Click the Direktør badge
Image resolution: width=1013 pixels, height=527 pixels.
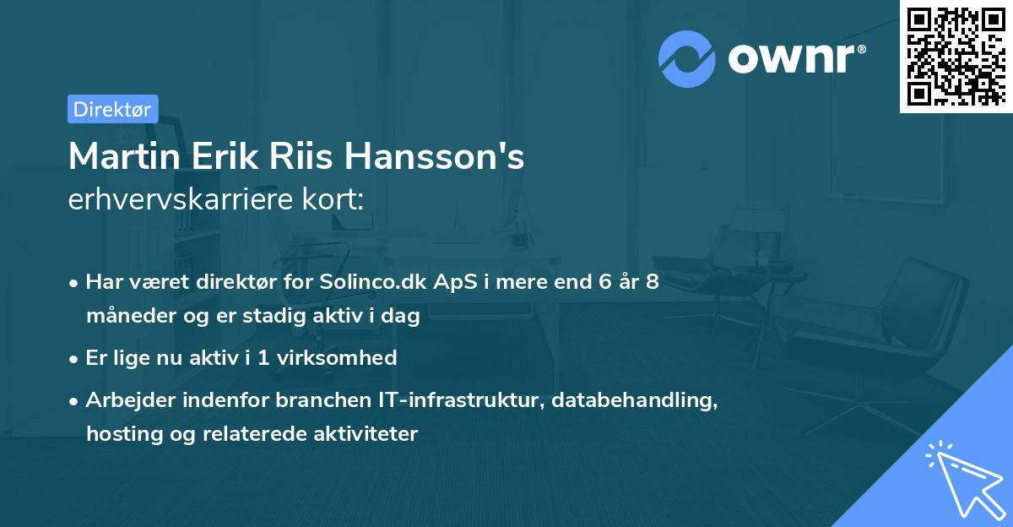[112, 109]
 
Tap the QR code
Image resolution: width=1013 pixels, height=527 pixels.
[955, 56]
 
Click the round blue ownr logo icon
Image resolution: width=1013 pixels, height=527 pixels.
[687, 59]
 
